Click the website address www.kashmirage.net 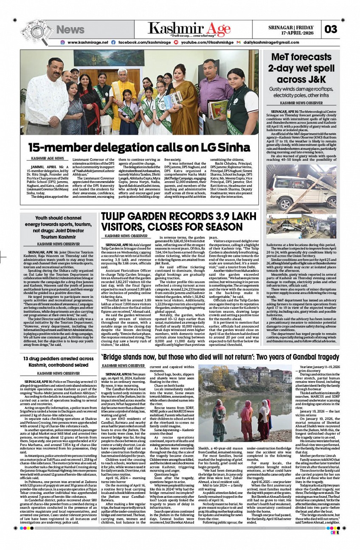click(x=88, y=42)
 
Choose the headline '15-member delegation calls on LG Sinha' click(x=139, y=147)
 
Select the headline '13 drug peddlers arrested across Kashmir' click(x=59, y=362)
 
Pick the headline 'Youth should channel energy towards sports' click(x=59, y=227)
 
